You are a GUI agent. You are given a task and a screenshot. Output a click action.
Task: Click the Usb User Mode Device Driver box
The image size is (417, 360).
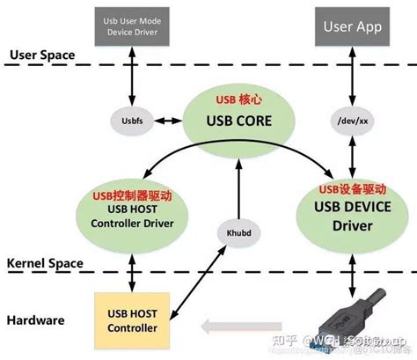[x=132, y=26]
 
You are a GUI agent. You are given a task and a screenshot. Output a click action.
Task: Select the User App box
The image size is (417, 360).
[x=353, y=26]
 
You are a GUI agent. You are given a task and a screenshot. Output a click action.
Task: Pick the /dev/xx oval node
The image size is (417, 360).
[x=354, y=119]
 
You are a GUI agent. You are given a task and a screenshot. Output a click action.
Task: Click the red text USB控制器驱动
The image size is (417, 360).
[x=132, y=190]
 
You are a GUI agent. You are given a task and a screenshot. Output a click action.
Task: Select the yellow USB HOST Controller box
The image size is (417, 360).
[x=132, y=320]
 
